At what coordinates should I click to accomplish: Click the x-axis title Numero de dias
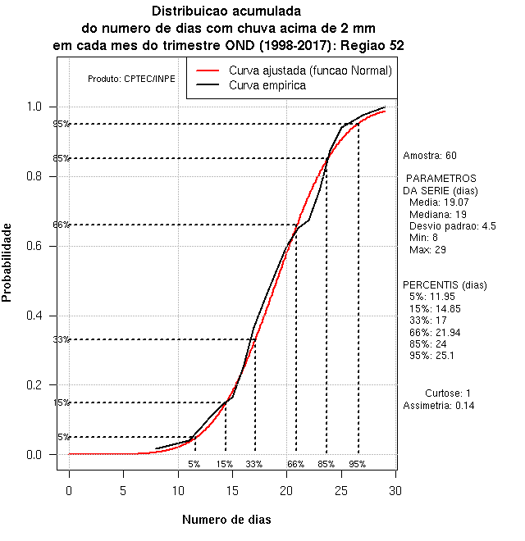(226, 520)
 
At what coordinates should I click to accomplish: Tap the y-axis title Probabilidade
(7, 262)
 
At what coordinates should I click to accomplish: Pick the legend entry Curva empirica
(267, 85)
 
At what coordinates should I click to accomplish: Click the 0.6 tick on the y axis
(57, 246)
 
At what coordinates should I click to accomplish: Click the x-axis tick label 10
(178, 490)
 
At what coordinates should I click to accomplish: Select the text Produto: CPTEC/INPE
(131, 80)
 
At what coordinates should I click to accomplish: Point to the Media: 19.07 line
(438, 202)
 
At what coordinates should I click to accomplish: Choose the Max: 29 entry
(427, 249)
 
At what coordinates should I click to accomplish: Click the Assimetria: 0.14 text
(439, 406)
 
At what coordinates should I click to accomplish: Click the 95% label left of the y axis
(62, 125)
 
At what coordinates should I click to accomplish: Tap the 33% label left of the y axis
(62, 340)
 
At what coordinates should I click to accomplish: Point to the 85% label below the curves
(326, 464)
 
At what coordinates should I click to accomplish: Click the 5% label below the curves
(194, 464)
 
